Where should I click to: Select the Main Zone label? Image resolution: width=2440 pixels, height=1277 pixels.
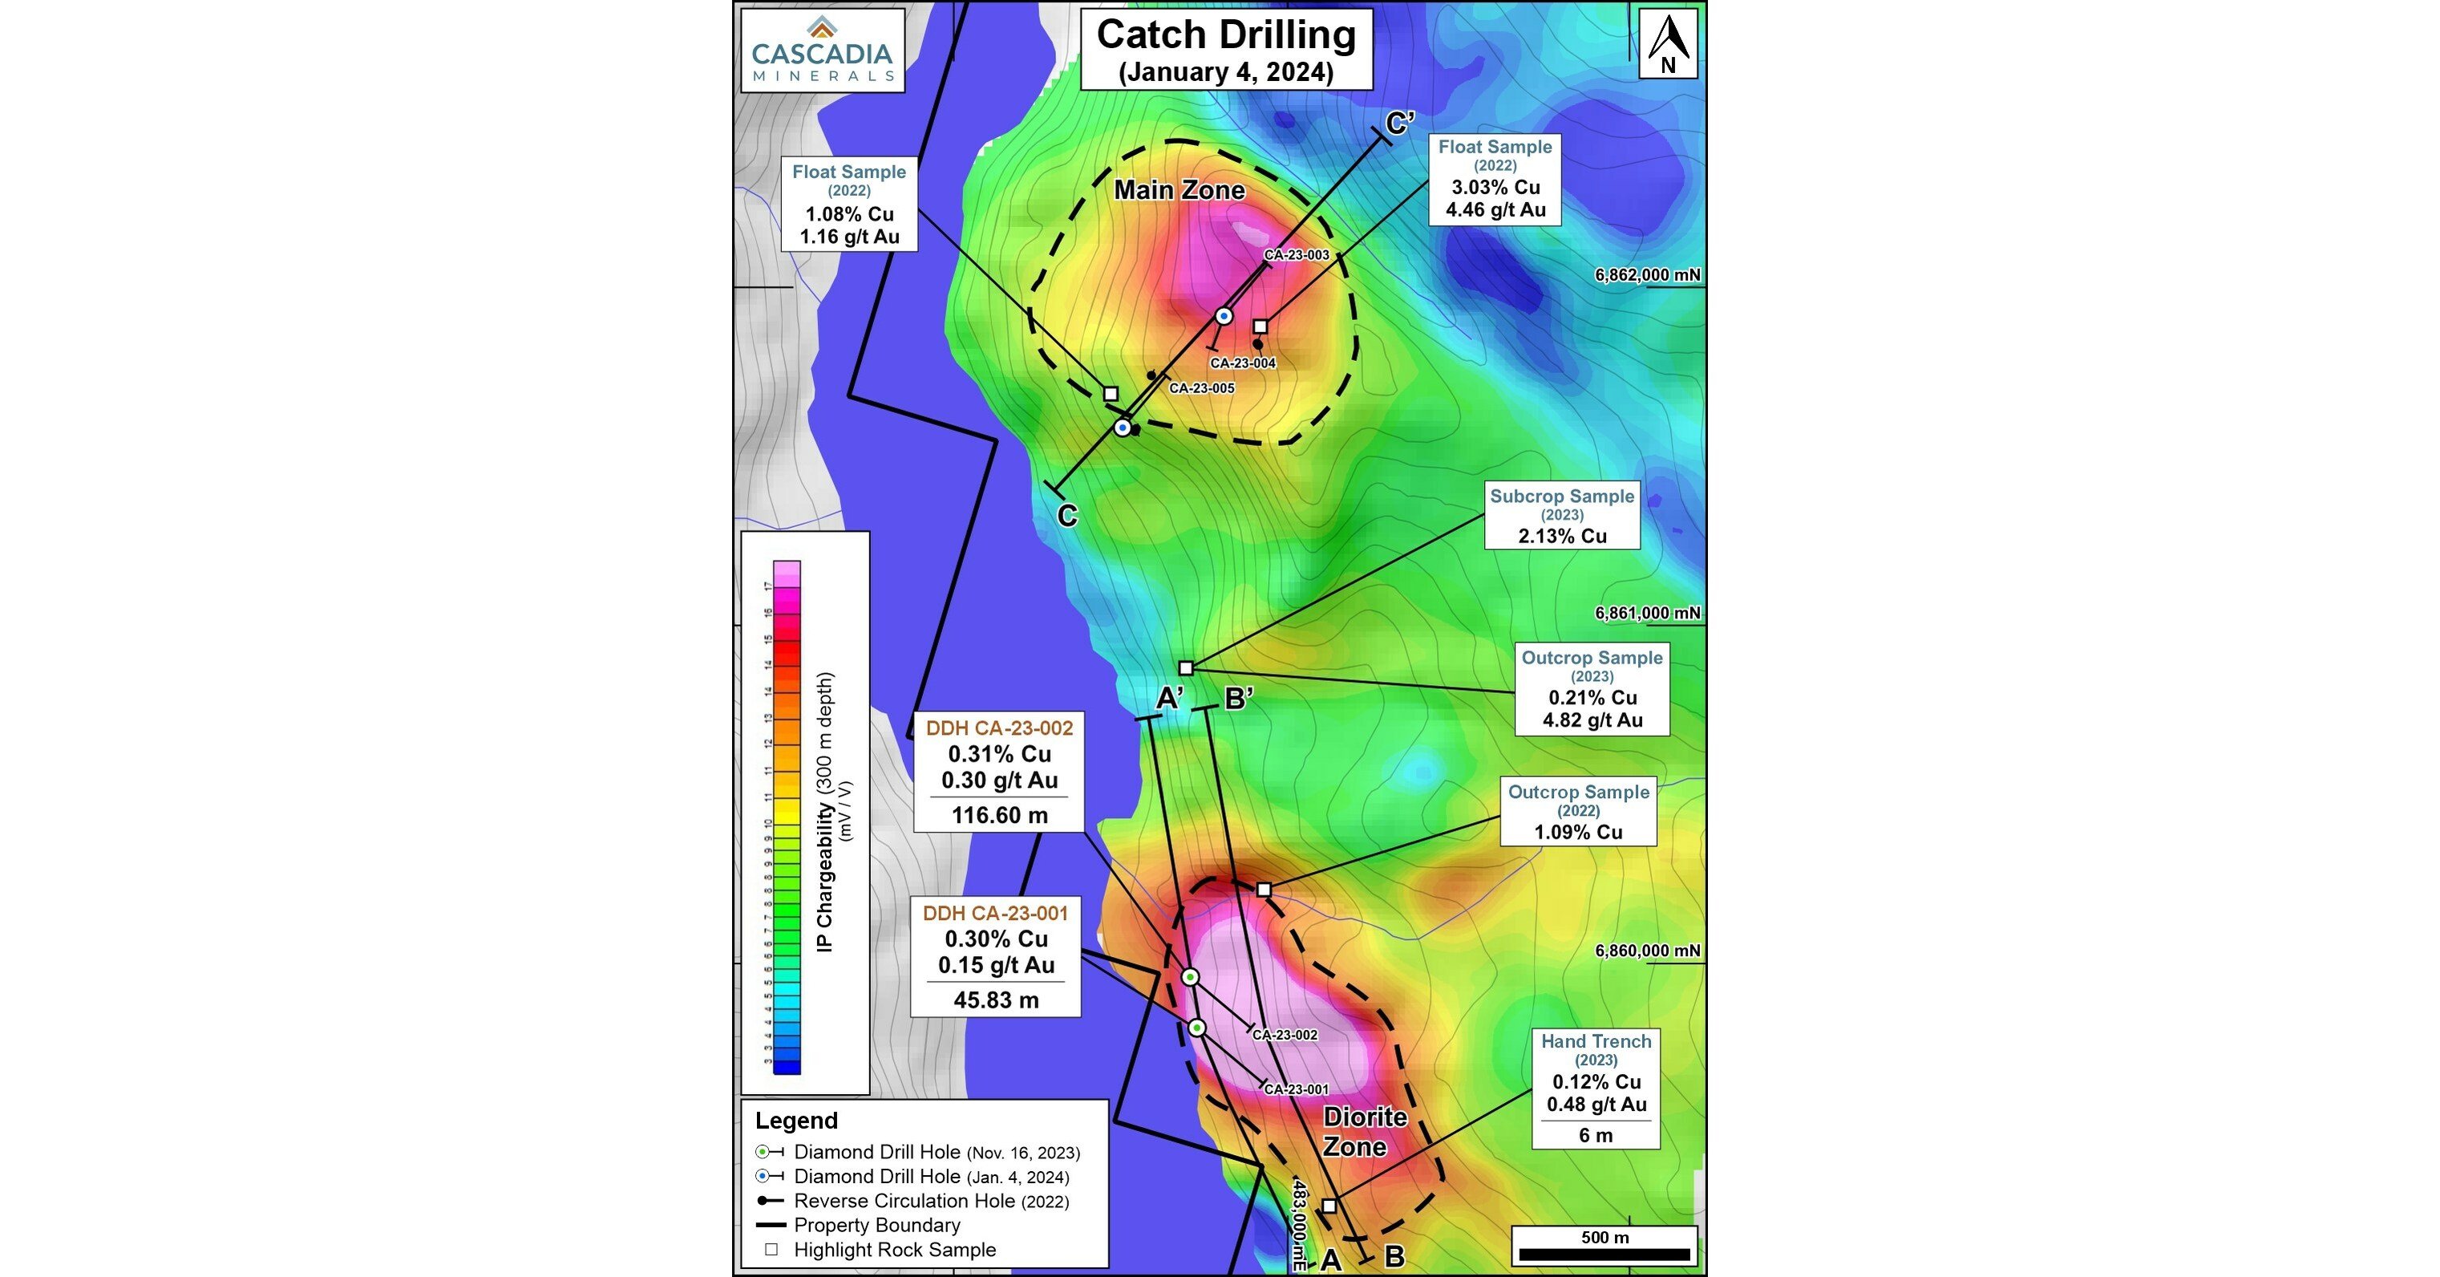1179,190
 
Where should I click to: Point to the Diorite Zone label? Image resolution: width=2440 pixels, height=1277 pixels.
1363,1132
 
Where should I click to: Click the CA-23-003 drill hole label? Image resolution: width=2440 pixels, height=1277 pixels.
1296,255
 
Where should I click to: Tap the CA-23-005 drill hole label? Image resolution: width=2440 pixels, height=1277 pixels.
1201,388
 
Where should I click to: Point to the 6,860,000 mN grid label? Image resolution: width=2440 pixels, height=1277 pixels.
1647,951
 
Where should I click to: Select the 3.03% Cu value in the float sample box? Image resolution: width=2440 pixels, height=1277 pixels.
1495,188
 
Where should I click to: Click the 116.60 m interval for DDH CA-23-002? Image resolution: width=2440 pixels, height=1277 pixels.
999,816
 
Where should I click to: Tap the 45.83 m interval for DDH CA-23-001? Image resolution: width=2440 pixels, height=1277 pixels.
996,1000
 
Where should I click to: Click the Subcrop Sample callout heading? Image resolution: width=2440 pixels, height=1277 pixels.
1561,497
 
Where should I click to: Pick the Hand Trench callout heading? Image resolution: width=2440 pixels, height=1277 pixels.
1595,1041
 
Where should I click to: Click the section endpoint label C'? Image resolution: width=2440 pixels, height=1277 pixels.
1400,124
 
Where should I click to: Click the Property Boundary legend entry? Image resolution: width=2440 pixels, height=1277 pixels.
876,1225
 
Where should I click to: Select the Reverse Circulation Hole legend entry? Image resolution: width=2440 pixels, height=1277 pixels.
930,1202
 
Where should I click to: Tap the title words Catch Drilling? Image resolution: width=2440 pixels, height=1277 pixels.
1226,36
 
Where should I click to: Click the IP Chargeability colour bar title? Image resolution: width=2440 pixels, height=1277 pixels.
825,812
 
